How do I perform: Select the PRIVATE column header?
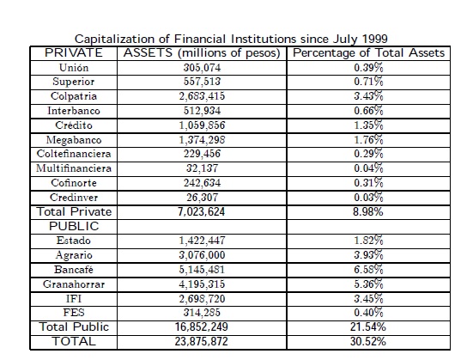[74, 53]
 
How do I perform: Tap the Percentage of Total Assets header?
[368, 53]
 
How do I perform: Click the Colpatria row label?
[74, 96]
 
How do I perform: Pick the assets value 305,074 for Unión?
[202, 67]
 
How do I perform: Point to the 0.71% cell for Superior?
[368, 82]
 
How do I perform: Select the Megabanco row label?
[74, 140]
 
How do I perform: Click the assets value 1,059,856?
[202, 125]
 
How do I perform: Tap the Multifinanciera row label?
[74, 168]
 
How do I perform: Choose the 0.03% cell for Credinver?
[368, 198]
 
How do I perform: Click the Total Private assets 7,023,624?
[201, 211]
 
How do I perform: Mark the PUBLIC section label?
[74, 226]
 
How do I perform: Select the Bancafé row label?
[74, 270]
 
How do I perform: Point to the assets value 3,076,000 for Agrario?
[202, 255]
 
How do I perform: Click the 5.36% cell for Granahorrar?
[368, 284]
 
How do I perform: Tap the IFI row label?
[74, 299]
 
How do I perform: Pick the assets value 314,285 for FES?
[202, 313]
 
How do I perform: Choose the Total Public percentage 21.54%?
[368, 327]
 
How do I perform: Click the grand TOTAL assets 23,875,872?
[201, 342]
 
